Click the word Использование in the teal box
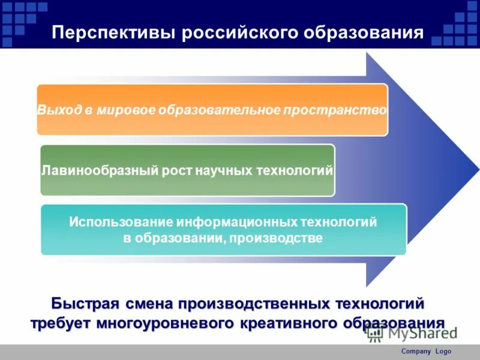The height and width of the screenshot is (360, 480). (x=121, y=222)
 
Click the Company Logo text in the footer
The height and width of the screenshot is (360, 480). (x=425, y=352)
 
